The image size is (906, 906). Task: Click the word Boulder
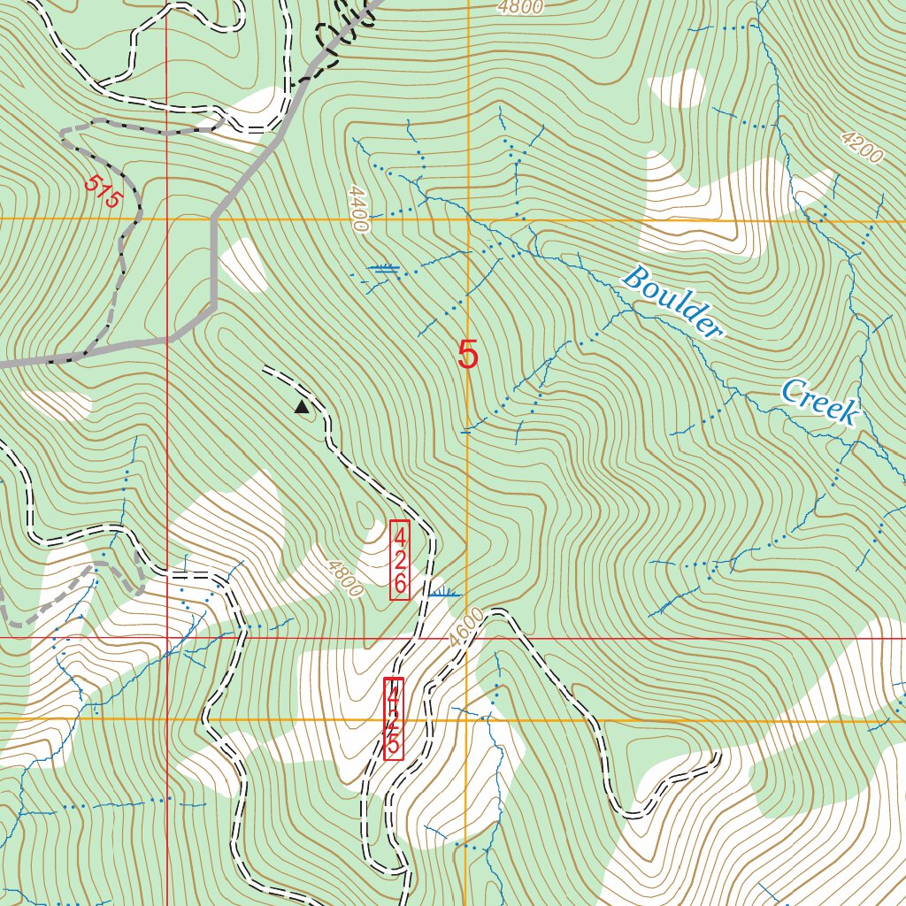click(x=672, y=303)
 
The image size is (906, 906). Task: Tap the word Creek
click(x=819, y=402)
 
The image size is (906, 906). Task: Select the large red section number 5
click(x=468, y=355)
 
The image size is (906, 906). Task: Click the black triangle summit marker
click(x=302, y=407)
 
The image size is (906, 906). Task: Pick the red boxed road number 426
click(x=400, y=560)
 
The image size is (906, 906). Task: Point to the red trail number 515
click(x=102, y=192)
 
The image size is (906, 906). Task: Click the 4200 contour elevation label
click(x=862, y=148)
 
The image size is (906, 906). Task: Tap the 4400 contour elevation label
click(x=357, y=209)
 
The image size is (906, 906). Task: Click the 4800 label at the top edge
click(x=518, y=8)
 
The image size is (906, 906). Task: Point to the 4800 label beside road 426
click(x=342, y=578)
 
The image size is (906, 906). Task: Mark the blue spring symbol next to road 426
click(x=443, y=593)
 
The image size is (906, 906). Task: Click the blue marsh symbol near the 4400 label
click(x=386, y=269)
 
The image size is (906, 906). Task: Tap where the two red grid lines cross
click(x=166, y=637)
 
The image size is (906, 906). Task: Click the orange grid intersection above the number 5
click(x=468, y=219)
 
